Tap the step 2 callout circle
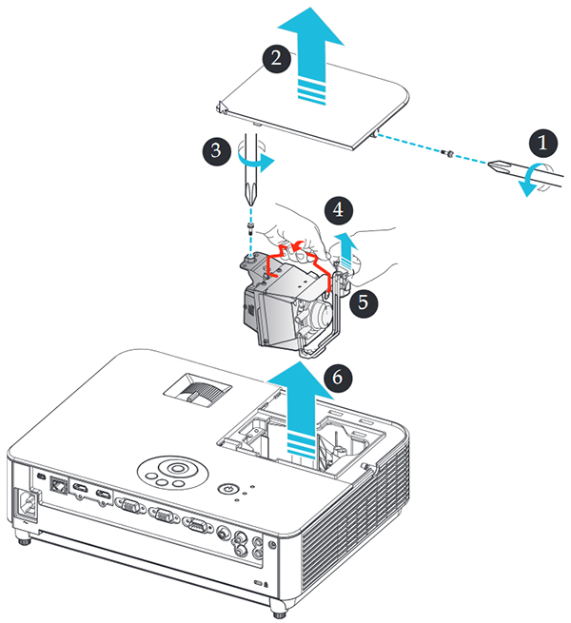274,58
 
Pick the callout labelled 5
360,303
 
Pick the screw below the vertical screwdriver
249,229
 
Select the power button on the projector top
225,488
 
